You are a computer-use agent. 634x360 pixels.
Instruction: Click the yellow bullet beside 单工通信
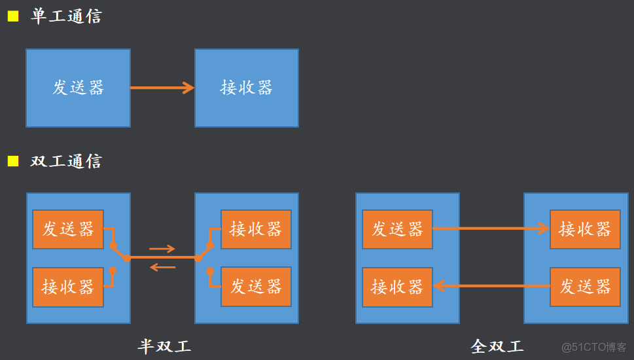point(13,16)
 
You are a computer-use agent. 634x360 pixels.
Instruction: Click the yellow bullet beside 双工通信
point(13,161)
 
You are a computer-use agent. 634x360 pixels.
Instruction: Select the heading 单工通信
point(66,16)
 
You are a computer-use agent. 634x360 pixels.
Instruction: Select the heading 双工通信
point(66,161)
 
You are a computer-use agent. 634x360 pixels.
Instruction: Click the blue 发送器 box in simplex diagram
point(79,88)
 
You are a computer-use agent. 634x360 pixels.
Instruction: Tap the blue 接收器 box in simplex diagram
point(247,88)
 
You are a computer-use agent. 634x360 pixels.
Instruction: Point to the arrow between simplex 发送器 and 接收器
point(162,88)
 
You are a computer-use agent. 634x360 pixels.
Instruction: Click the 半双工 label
point(164,346)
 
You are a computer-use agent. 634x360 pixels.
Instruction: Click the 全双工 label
point(497,346)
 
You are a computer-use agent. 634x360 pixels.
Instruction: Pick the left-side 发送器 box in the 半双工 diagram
point(68,229)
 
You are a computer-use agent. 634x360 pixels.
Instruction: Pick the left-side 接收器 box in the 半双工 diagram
point(68,287)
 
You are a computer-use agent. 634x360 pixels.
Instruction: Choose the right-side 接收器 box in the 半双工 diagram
point(256,229)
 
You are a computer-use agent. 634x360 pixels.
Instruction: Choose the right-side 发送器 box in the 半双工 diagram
point(256,287)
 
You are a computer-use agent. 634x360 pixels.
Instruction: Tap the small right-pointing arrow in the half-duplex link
point(162,249)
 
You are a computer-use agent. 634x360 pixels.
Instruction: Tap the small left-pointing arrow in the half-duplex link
point(162,267)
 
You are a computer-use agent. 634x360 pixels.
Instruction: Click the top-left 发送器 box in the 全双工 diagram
point(398,229)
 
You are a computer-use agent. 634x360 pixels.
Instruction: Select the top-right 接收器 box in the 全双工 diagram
point(585,229)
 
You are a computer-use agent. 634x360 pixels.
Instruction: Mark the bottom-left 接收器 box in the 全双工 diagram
point(398,287)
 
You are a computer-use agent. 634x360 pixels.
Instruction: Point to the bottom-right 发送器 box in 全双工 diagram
point(585,287)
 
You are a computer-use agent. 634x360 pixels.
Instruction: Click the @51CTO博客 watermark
point(585,347)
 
